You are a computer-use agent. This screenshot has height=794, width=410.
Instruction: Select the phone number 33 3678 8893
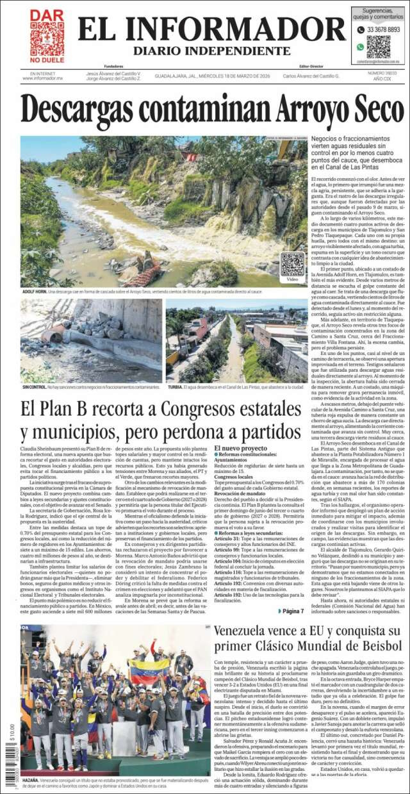pyautogui.click(x=382, y=29)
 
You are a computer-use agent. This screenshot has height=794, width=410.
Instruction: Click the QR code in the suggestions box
pyautogui.click(x=378, y=46)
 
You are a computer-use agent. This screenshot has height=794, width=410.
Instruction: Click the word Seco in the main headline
pyautogui.click(x=361, y=108)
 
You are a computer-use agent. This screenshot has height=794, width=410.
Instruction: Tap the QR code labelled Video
pyautogui.click(x=292, y=264)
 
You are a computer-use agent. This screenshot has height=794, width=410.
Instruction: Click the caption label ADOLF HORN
pyautogui.click(x=36, y=291)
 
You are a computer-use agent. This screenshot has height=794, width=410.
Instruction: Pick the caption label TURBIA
pyautogui.click(x=175, y=387)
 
